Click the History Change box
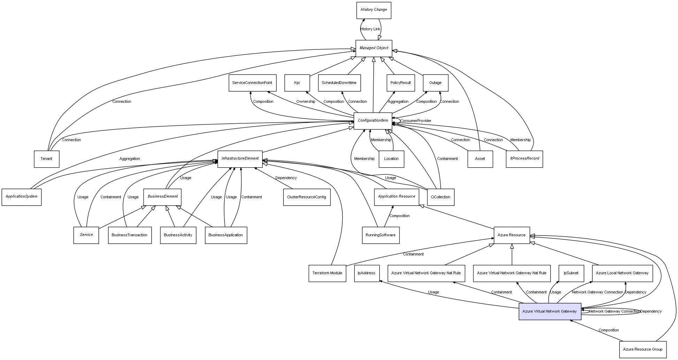pos(374,10)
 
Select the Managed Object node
pos(374,48)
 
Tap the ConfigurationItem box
pos(373,121)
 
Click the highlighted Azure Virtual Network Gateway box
pos(550,311)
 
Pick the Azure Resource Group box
pos(642,349)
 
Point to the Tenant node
pos(46,159)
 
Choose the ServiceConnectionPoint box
pos(252,83)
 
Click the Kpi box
pos(297,83)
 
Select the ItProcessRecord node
pos(524,159)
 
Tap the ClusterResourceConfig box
pos(306,197)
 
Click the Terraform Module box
pos(327,273)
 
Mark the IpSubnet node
pos(571,273)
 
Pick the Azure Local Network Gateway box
pos(622,273)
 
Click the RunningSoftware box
pos(381,235)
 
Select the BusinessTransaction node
pos(130,235)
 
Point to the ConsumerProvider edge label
pos(416,121)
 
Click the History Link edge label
pos(370,29)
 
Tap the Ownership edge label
pos(306,102)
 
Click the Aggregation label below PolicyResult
pos(398,102)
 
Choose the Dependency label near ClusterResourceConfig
pos(286,178)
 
